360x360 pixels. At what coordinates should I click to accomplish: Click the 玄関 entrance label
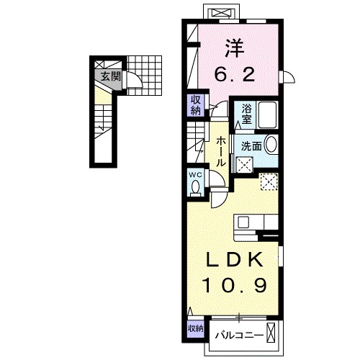click(x=110, y=76)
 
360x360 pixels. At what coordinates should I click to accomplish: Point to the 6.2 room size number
click(x=235, y=74)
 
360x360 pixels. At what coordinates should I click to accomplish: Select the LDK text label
click(x=235, y=260)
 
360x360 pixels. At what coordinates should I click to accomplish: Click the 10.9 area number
click(x=235, y=285)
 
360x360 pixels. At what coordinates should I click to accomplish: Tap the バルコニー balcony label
click(x=239, y=335)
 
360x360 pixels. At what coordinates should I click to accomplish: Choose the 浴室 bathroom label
click(x=246, y=114)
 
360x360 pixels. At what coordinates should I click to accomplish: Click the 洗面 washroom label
click(x=251, y=146)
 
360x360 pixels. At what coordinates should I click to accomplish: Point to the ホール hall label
click(x=221, y=152)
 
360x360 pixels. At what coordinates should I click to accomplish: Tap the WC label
click(x=197, y=175)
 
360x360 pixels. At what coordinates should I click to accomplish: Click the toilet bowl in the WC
click(x=196, y=188)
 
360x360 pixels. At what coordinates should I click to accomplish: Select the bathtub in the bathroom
click(x=267, y=114)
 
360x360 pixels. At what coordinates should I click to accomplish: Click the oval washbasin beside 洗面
click(x=271, y=144)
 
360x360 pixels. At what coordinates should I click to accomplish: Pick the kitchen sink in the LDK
click(x=243, y=222)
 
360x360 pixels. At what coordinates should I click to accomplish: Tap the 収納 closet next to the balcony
click(x=196, y=328)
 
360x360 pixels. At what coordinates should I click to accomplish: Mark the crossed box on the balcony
click(x=271, y=333)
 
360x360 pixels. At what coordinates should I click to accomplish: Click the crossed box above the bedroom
click(x=221, y=12)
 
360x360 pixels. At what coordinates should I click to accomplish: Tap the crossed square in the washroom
click(x=245, y=165)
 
